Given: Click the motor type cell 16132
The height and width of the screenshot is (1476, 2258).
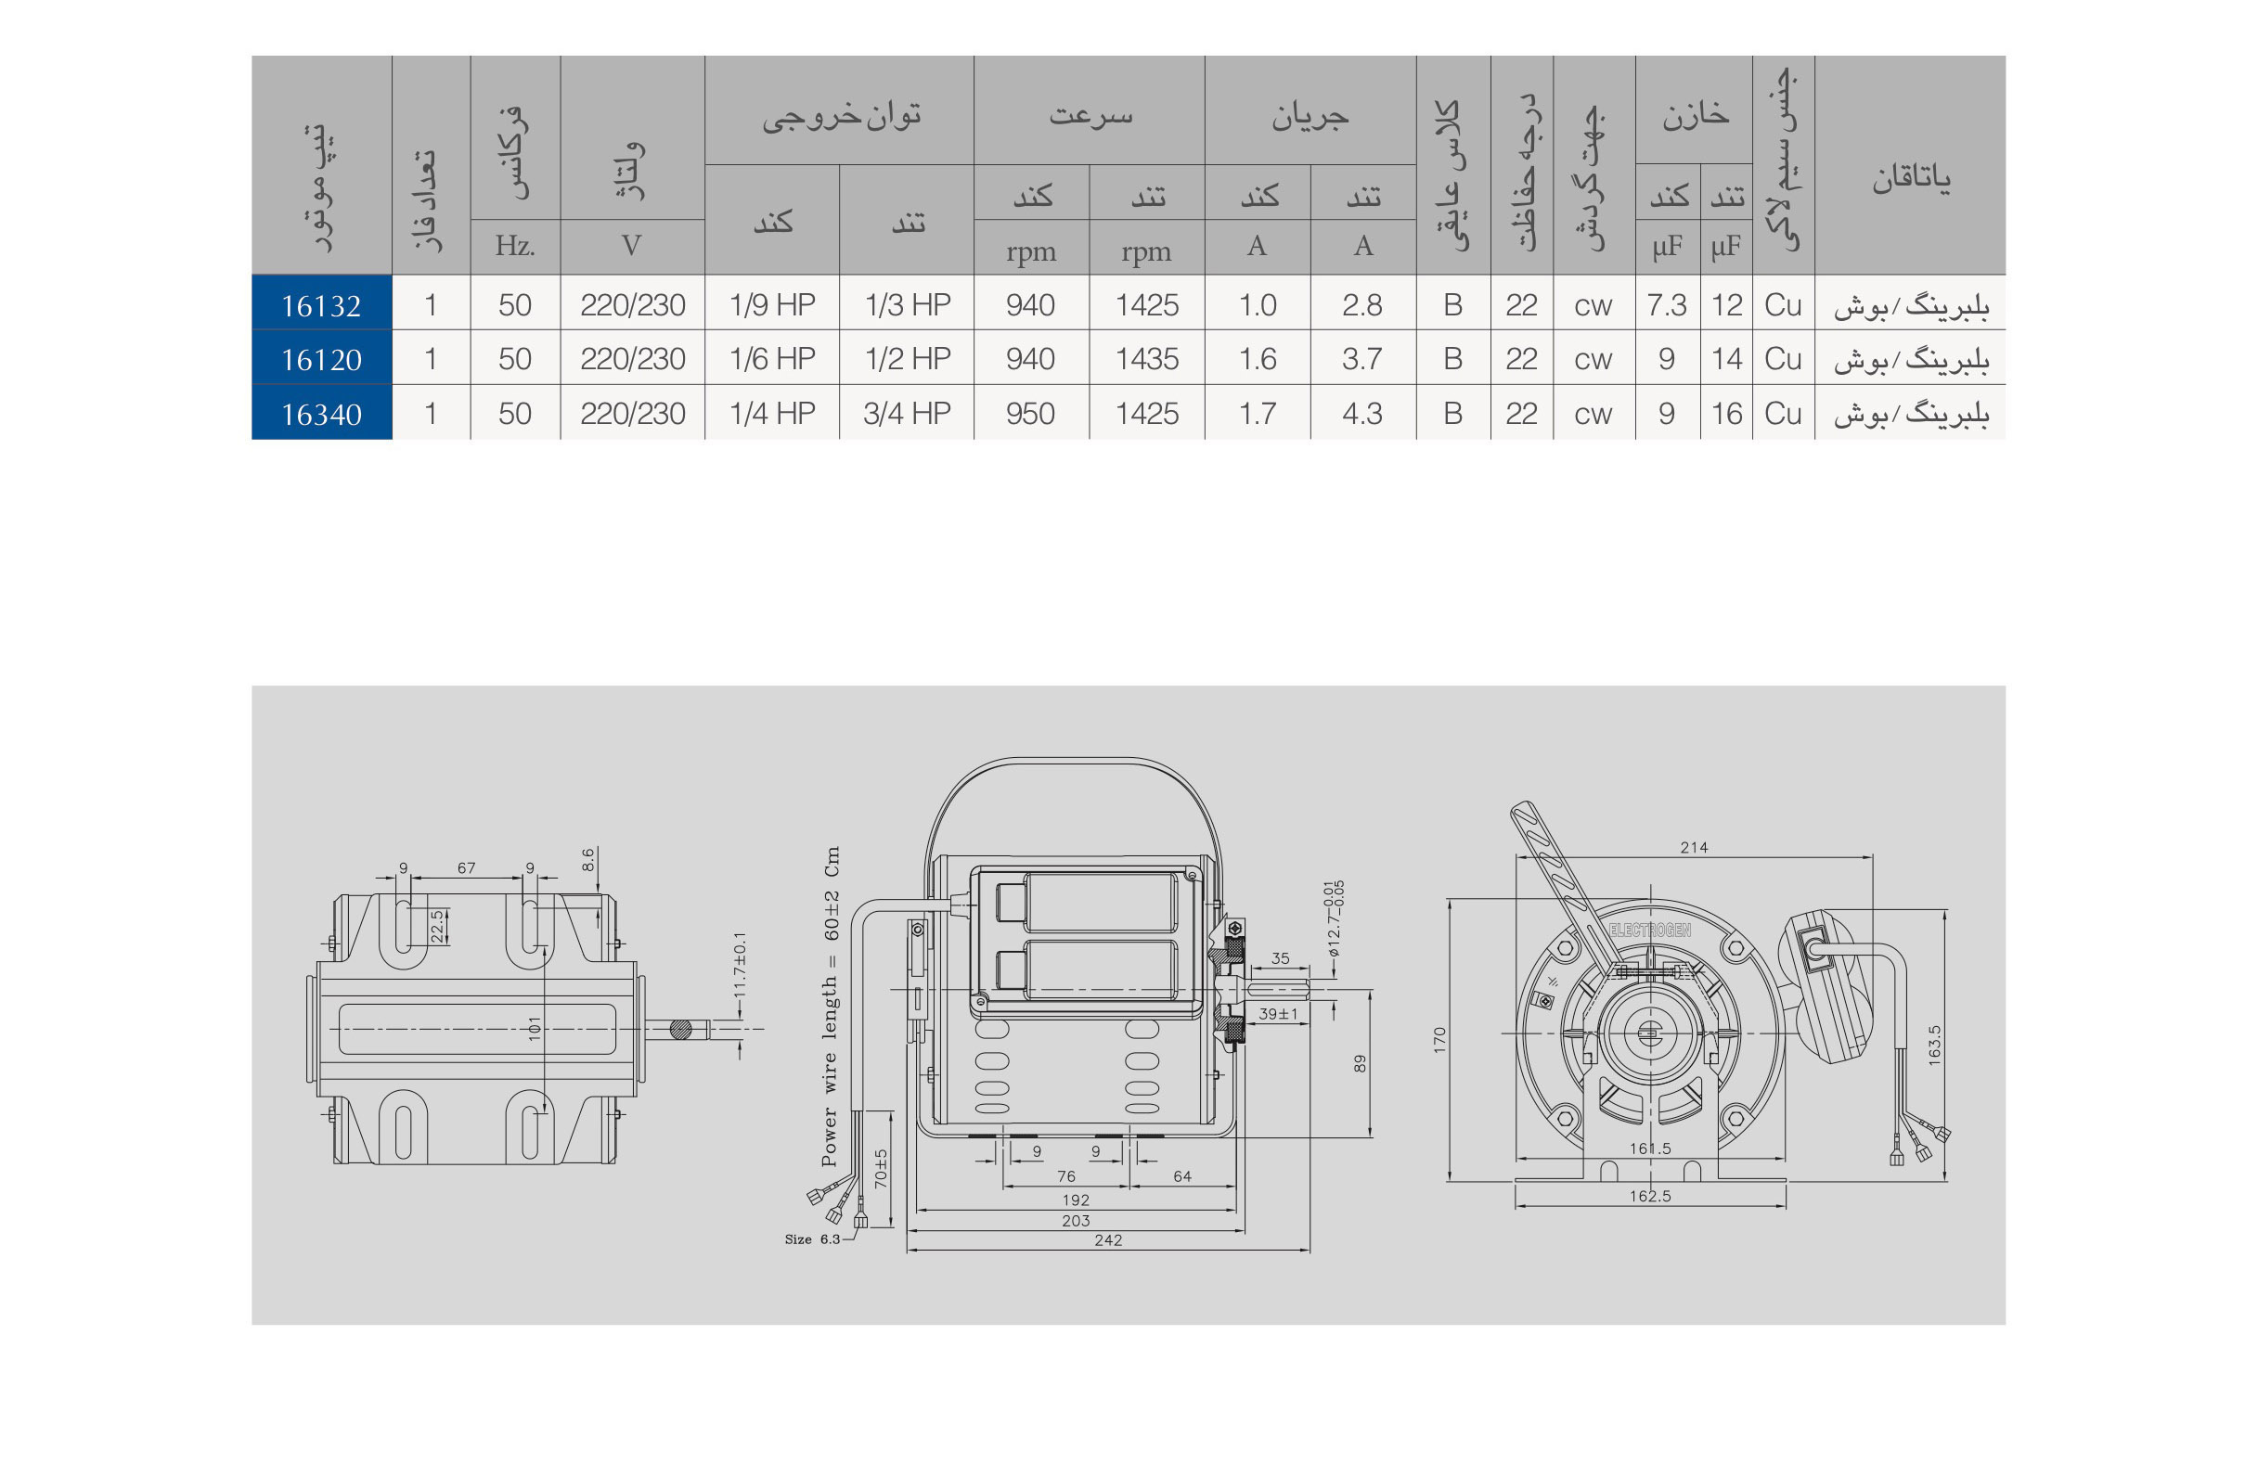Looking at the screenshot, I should pyautogui.click(x=321, y=305).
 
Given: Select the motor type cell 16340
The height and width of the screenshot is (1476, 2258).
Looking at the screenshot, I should pyautogui.click(x=321, y=415).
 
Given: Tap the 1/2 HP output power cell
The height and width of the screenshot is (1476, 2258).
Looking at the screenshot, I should pyautogui.click(x=907, y=359).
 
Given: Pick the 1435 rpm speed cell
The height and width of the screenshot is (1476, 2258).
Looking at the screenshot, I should pyautogui.click(x=1146, y=359).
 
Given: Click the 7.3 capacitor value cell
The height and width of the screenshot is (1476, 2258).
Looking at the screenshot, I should pyautogui.click(x=1666, y=304).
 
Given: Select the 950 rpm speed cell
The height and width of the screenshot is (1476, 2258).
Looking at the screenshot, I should pyautogui.click(x=1029, y=414).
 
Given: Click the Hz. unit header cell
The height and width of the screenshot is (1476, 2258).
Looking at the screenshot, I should pyautogui.click(x=514, y=246).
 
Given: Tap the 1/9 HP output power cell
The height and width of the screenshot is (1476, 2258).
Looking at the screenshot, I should pyautogui.click(x=771, y=304).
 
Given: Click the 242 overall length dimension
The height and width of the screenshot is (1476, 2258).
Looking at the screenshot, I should pyautogui.click(x=1107, y=1239).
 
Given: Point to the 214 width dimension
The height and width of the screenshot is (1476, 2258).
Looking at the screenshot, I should pyautogui.click(x=1694, y=847).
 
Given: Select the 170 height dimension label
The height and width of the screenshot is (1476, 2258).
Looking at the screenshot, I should pyautogui.click(x=1440, y=1040).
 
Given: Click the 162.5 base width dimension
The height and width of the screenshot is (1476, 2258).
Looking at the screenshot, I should pyautogui.click(x=1650, y=1196).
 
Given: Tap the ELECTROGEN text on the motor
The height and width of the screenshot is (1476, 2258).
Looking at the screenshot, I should pyautogui.click(x=1650, y=931).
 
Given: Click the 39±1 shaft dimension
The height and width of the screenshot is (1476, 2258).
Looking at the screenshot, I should pyautogui.click(x=1278, y=1014).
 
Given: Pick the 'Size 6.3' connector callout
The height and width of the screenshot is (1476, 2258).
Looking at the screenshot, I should pyautogui.click(x=812, y=1239).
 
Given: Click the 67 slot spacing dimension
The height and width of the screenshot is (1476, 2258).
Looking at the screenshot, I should pyautogui.click(x=466, y=868).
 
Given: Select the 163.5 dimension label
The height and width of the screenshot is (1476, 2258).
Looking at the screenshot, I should pyautogui.click(x=1934, y=1045).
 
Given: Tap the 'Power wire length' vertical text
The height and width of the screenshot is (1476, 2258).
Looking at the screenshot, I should pyautogui.click(x=830, y=1006).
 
